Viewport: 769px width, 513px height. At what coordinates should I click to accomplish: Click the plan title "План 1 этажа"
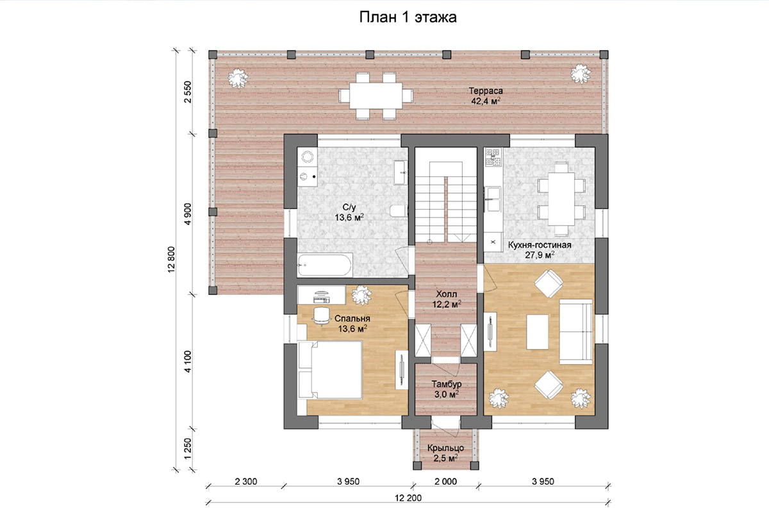tap(408, 17)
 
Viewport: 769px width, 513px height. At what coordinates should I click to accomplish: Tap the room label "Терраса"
tap(486, 91)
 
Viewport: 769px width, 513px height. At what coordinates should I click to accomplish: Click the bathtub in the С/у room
tap(325, 265)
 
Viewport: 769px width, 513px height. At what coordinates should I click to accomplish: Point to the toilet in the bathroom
tap(399, 211)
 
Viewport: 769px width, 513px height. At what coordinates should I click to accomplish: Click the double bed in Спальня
tap(330, 369)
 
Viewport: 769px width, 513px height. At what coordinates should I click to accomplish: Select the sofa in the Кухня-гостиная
tap(575, 332)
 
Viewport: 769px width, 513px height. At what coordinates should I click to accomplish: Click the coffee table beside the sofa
tap(538, 332)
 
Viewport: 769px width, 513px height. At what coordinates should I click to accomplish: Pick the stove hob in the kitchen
tap(493, 158)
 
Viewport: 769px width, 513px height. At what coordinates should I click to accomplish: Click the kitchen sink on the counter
tap(492, 199)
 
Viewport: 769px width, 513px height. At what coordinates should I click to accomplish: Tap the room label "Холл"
tap(446, 294)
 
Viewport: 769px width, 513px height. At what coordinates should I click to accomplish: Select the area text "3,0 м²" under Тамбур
tap(447, 394)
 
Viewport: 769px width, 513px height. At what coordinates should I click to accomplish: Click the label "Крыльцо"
tap(445, 448)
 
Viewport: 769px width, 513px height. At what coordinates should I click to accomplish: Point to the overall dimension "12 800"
tap(172, 260)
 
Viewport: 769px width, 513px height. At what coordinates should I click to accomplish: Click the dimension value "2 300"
tap(246, 482)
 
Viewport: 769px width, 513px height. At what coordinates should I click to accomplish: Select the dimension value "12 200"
tap(408, 498)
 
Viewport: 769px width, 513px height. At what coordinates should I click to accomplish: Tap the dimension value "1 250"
tap(187, 449)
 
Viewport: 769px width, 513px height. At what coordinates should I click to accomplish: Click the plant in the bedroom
tap(361, 295)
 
